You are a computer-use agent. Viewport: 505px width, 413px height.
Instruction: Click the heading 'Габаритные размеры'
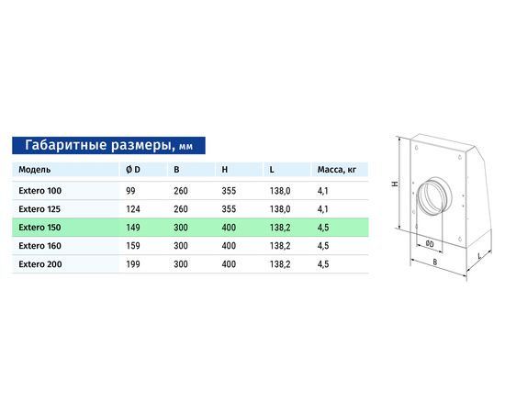click(97, 145)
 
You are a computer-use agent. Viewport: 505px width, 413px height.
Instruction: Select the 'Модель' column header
click(35, 170)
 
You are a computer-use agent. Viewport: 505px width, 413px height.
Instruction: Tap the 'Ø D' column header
click(133, 169)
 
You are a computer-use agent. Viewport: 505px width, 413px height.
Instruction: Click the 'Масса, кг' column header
click(337, 170)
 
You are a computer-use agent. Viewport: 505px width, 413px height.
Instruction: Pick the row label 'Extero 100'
click(39, 191)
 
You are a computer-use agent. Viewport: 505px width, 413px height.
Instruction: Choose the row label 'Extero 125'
click(39, 209)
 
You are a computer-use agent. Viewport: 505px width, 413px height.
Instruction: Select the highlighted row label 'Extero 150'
click(39, 228)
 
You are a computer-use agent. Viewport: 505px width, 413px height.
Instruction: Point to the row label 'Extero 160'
click(39, 246)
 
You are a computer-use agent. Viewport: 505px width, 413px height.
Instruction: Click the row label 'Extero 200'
click(39, 264)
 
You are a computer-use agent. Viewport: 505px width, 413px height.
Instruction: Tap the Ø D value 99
click(130, 191)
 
